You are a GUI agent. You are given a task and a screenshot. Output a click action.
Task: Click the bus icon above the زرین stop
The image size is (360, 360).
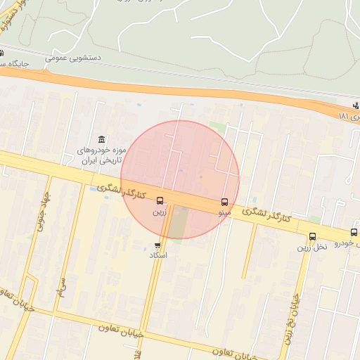(x=160, y=201)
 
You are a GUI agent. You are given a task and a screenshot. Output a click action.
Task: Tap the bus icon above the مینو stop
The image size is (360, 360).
(x=225, y=202)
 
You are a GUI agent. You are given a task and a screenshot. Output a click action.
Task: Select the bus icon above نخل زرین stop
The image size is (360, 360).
(x=312, y=237)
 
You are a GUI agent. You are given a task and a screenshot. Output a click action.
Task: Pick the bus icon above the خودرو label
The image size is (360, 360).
(x=354, y=232)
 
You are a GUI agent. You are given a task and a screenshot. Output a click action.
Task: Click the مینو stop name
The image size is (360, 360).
(x=224, y=212)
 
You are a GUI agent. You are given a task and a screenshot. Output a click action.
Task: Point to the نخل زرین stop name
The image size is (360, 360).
(x=312, y=247)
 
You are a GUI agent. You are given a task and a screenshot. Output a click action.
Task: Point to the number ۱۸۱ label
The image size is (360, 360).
(x=348, y=115)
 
